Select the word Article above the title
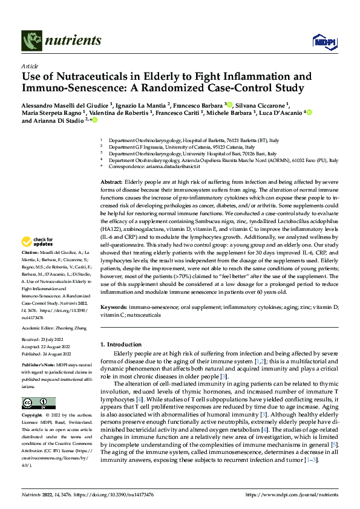tap(30, 66)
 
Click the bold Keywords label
tap(114, 308)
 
